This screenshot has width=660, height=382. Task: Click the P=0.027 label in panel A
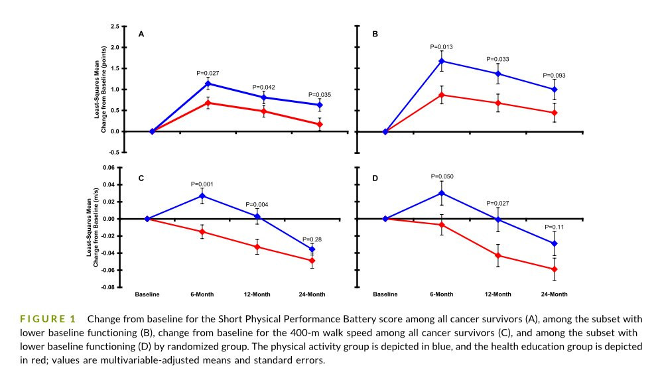(x=208, y=73)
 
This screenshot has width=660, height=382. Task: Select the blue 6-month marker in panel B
(x=442, y=61)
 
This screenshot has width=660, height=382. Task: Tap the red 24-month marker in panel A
(x=320, y=125)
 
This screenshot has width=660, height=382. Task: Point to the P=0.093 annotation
(x=554, y=76)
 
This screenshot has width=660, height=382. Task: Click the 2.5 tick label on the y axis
(x=115, y=27)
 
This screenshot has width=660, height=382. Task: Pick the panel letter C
(x=141, y=178)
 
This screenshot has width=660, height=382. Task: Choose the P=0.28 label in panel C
(x=312, y=239)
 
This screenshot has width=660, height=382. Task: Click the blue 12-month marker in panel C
(x=257, y=217)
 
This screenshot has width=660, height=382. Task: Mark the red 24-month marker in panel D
(x=555, y=269)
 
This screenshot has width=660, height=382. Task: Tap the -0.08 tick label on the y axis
(x=109, y=287)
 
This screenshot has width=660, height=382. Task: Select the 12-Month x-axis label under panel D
(x=498, y=294)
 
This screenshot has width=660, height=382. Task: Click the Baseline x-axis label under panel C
(x=147, y=294)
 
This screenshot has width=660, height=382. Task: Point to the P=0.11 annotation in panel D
(x=555, y=227)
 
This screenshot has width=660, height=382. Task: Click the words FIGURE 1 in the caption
(x=48, y=319)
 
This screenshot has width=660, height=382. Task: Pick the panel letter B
(x=375, y=34)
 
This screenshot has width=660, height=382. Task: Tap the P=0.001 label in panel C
(x=202, y=184)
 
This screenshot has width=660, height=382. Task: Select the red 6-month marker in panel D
(x=442, y=225)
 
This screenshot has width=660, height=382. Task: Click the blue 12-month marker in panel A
(x=264, y=97)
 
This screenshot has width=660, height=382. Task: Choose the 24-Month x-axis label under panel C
(x=312, y=294)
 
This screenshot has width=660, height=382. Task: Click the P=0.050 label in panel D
(x=442, y=176)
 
